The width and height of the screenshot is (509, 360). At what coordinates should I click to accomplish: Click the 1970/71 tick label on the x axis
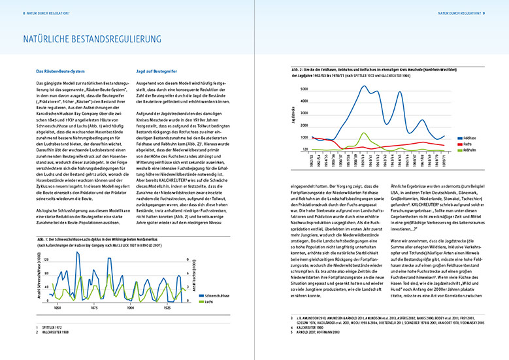tap(429, 162)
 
